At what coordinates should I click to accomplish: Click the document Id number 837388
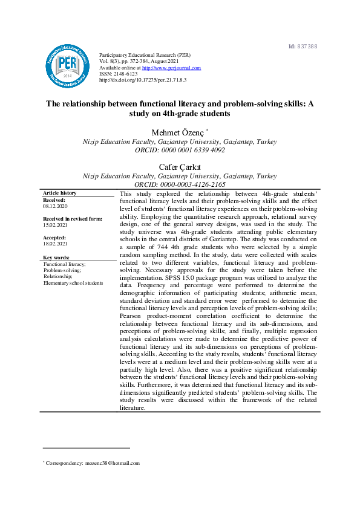[309, 47]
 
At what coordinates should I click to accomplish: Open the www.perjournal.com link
[171, 68]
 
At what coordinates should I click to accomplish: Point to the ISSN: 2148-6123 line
[119, 74]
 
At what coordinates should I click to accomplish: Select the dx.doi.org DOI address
[142, 80]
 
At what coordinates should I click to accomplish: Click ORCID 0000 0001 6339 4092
[180, 150]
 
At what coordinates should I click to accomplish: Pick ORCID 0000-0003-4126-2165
[180, 184]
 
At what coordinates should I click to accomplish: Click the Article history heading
[60, 193]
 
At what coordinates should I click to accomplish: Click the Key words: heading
[56, 258]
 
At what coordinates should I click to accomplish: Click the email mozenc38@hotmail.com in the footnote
[113, 464]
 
